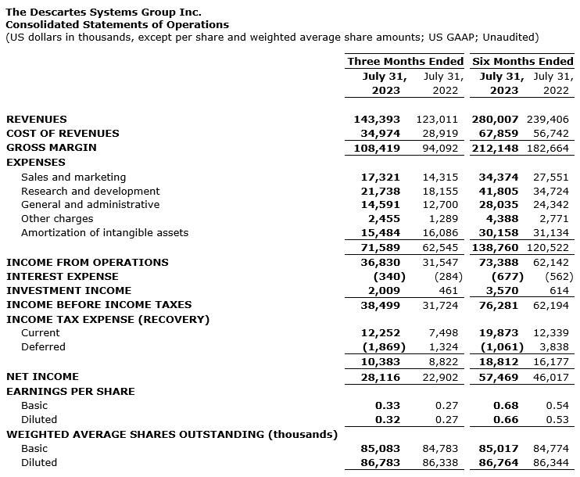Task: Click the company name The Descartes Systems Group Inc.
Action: click(x=103, y=12)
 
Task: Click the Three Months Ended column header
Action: click(x=405, y=61)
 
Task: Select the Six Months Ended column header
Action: click(x=522, y=61)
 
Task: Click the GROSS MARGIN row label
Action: click(x=52, y=147)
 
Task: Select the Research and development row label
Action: click(x=90, y=191)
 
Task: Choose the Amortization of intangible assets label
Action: click(x=105, y=232)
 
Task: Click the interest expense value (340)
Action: click(x=383, y=276)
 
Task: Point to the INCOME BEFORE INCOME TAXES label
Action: click(x=98, y=304)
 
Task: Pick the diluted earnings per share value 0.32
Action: click(x=387, y=419)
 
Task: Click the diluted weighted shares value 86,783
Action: click(x=380, y=462)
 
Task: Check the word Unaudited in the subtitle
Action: click(x=510, y=37)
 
